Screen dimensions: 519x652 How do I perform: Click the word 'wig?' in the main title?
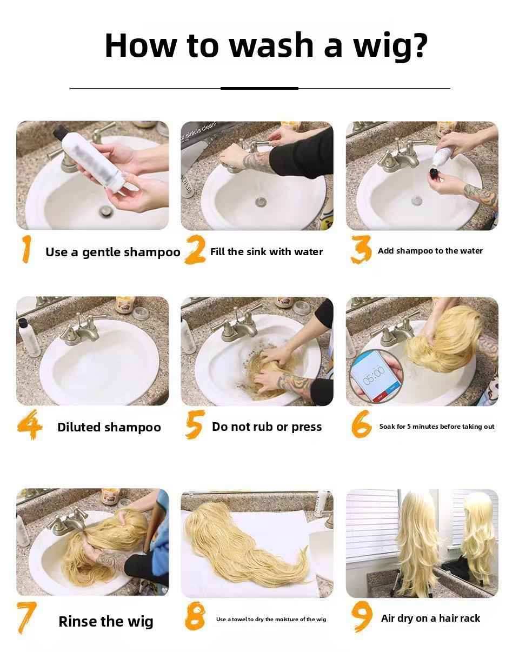[390, 46]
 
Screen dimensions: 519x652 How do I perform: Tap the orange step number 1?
[26, 249]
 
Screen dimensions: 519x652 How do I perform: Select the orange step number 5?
[195, 424]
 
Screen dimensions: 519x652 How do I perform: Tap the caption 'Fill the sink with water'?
[267, 252]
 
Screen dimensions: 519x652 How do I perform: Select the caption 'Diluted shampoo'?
[109, 427]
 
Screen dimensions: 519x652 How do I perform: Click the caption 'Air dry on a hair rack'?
[430, 618]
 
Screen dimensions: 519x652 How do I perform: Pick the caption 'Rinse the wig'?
[106, 622]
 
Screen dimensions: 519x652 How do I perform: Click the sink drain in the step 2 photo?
[261, 202]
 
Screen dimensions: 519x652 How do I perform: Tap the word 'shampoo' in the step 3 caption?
[415, 251]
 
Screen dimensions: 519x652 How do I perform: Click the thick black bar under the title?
[259, 89]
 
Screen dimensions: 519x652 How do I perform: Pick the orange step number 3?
[361, 249]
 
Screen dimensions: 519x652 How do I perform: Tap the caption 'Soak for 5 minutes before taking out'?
[437, 427]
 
